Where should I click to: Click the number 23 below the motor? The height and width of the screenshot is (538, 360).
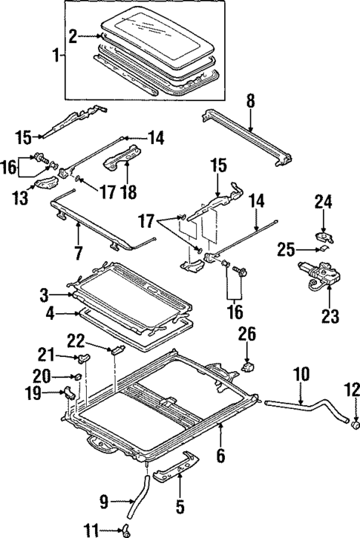tap(330, 316)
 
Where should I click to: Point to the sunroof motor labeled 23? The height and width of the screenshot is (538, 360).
tap(315, 278)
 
